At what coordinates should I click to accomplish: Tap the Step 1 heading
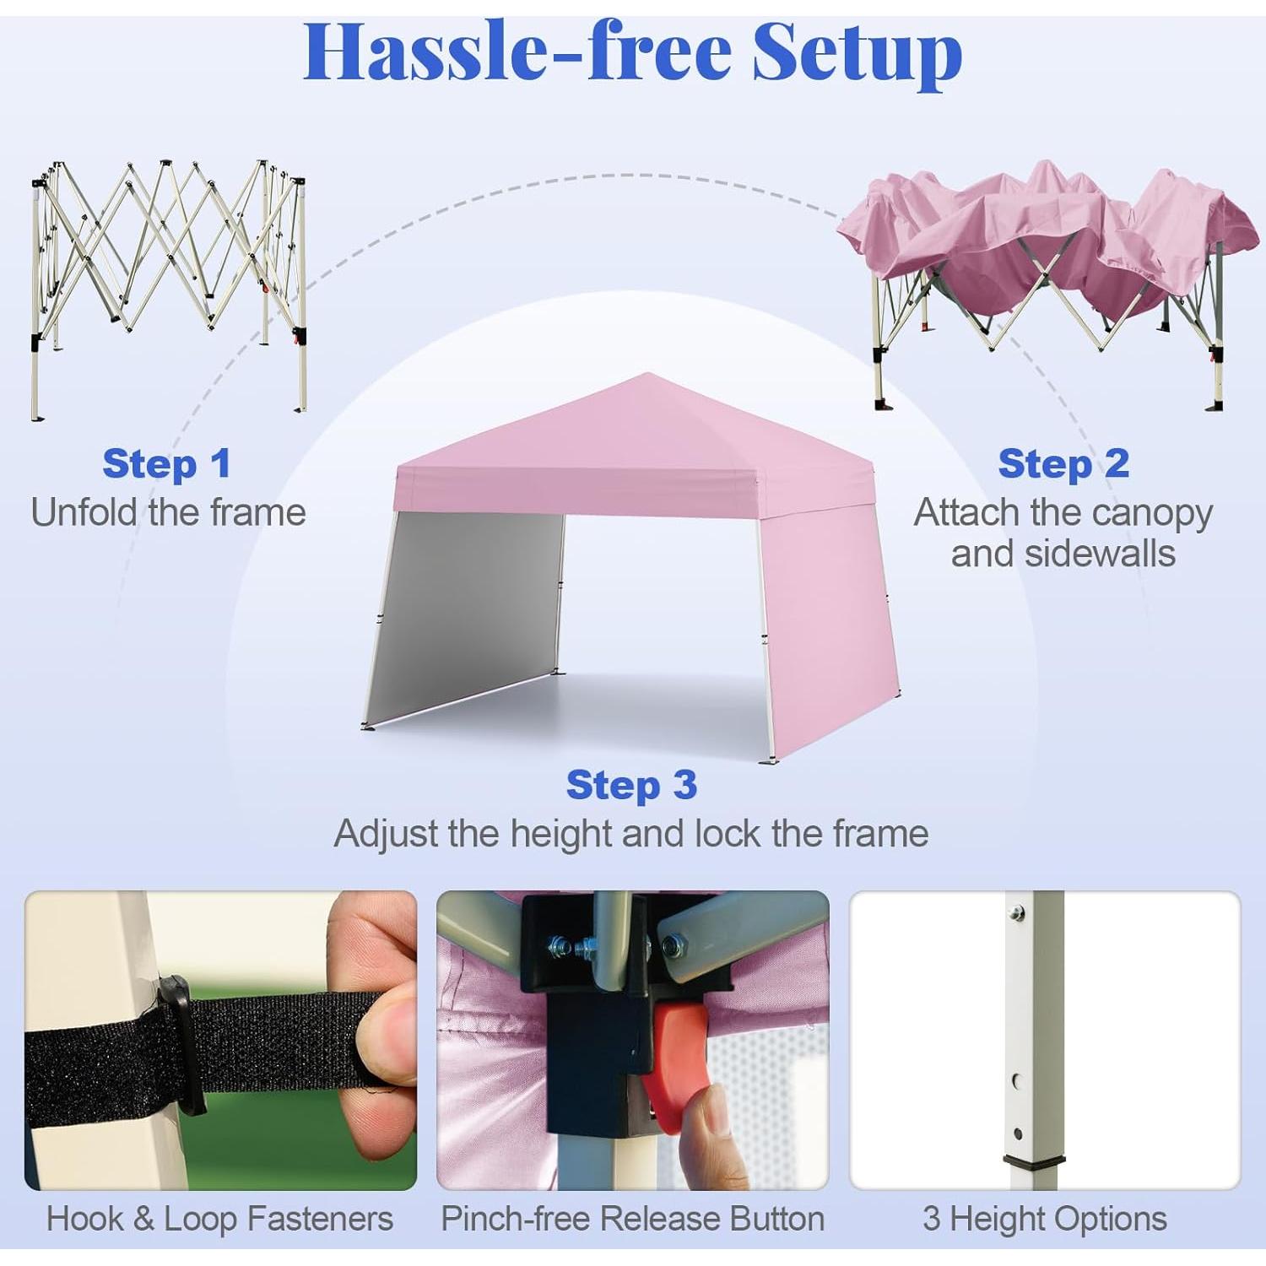pos(166,463)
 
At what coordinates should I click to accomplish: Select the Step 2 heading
pos(1063,463)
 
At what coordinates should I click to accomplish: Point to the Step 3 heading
pos(631,785)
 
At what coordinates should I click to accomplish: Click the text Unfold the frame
pos(168,512)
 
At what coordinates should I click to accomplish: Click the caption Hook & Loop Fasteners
pos(219,1219)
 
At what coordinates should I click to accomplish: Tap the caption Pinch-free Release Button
pos(632,1219)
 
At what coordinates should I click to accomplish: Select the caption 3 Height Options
pos(1045,1219)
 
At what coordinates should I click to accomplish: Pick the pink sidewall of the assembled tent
pos(827,625)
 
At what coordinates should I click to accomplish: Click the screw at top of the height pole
pos(1017,912)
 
